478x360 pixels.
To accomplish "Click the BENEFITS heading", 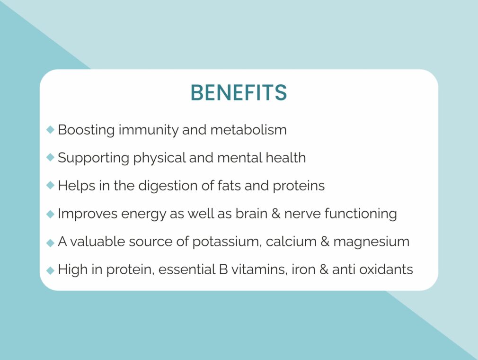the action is click(239, 92).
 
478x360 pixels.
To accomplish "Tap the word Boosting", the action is click(86, 130).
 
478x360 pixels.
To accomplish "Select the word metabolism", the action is click(248, 130).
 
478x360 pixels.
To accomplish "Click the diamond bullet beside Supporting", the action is click(50, 157).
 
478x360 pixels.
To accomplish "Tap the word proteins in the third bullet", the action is click(299, 186).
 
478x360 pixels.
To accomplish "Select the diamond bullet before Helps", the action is click(50, 185).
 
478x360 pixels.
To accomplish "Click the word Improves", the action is click(88, 214).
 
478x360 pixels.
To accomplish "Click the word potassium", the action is click(227, 242).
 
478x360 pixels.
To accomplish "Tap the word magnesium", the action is click(372, 242).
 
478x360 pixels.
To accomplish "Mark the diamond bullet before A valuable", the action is click(50, 243).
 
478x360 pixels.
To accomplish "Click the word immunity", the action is click(149, 130).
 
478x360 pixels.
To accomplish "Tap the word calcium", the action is click(291, 242).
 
